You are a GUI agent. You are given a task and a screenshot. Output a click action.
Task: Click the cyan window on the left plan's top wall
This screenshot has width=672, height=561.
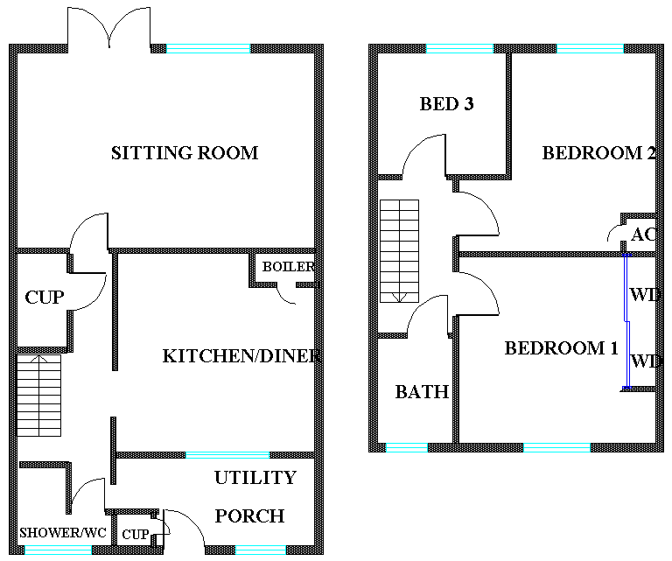(208, 48)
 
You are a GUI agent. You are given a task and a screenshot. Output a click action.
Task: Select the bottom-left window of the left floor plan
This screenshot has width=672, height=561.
(58, 550)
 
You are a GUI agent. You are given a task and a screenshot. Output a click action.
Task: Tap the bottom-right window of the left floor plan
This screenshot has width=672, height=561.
(260, 550)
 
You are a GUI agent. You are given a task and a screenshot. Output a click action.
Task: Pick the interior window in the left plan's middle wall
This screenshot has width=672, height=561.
(227, 455)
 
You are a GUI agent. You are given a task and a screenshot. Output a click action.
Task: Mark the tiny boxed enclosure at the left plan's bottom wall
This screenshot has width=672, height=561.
(133, 529)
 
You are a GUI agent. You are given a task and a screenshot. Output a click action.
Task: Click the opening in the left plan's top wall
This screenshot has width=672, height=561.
(110, 48)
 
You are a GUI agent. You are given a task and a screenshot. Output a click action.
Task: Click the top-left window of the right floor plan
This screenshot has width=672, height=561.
(459, 48)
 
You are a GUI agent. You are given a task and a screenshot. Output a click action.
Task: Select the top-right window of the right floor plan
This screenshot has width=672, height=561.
(590, 48)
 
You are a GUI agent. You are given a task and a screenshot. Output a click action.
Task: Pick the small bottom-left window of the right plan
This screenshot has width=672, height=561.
(407, 447)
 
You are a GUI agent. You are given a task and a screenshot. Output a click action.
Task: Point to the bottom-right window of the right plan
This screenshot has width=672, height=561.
(556, 447)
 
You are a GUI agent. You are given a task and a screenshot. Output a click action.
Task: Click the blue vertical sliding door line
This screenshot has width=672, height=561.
(626, 320)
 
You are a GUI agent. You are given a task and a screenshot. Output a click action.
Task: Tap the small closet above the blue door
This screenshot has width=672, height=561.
(640, 234)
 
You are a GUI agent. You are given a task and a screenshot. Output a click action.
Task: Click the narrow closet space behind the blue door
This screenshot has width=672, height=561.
(642, 320)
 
